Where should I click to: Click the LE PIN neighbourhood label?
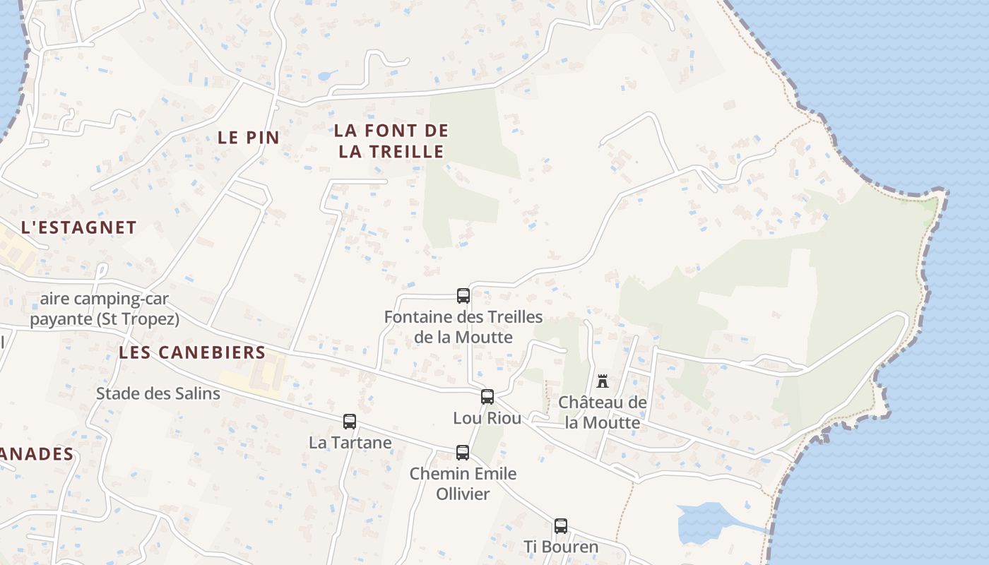249,138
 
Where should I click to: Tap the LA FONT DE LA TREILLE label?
391,141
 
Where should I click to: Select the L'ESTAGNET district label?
78,227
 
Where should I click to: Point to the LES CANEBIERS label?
192,352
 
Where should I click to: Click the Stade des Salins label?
158,393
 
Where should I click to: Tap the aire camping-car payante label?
104,309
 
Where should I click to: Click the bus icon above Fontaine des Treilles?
463,296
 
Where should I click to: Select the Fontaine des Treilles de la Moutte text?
463,327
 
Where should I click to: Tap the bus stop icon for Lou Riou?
487,397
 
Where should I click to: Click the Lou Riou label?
487,418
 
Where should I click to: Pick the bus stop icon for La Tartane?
350,422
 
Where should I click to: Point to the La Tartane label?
350,443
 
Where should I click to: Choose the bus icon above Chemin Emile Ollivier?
463,453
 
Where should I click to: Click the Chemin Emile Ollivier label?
463,484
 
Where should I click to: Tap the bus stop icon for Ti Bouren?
561,526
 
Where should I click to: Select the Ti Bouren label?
561,547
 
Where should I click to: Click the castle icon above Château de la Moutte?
603,381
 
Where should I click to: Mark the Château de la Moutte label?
603,412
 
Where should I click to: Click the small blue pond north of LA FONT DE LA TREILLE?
326,75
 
